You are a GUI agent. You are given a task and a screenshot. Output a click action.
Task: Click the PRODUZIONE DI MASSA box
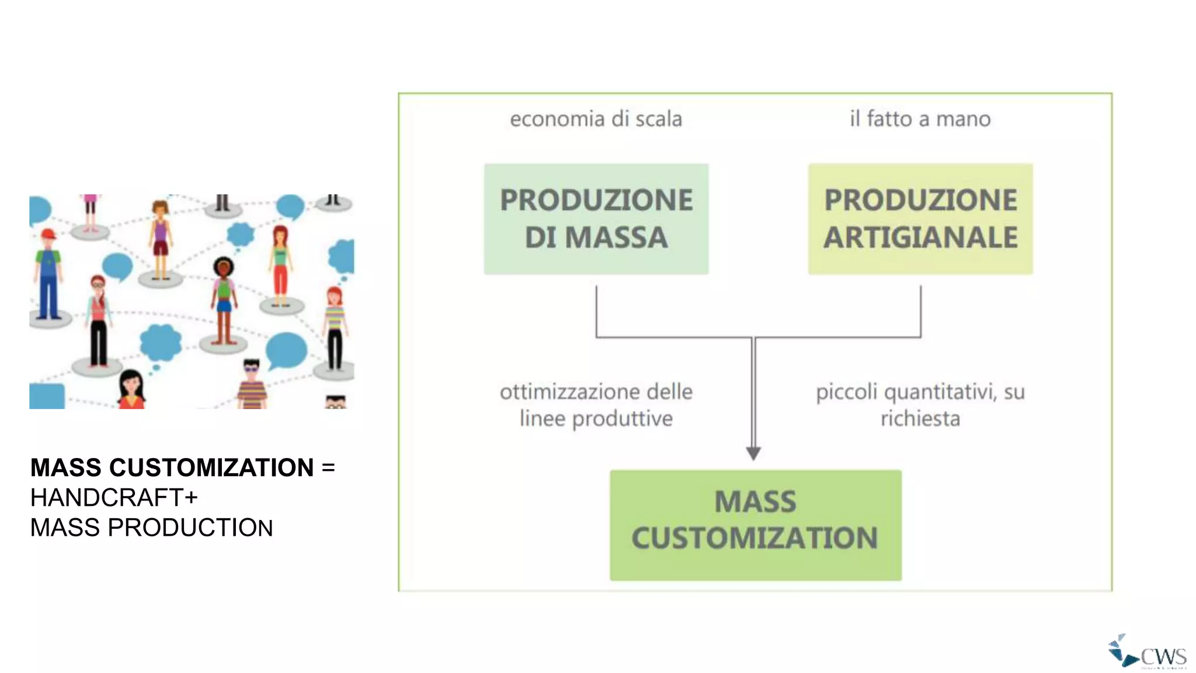pos(596,219)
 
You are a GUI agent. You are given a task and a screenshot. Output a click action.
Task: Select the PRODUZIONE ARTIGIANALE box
pos(920,219)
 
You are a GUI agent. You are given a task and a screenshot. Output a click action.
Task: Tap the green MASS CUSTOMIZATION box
pos(755,525)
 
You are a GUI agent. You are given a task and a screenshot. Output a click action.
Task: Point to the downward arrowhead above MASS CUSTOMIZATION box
pos(753,453)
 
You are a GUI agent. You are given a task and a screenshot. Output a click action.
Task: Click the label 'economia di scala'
pos(596,119)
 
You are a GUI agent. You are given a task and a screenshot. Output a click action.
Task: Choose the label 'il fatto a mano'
pos(920,119)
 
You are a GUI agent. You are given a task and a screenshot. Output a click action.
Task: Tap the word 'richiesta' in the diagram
pos(920,419)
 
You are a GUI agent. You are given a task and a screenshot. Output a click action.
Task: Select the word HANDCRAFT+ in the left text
pos(114,498)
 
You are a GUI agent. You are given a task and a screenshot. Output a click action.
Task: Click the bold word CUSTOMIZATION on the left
pos(211,468)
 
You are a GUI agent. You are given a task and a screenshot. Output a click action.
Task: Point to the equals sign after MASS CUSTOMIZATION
pos(328,468)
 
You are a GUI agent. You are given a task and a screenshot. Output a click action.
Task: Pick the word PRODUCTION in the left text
pos(190,528)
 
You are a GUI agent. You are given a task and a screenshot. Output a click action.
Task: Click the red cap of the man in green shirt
pos(48,234)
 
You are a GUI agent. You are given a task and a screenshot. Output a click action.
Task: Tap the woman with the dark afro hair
pos(223,298)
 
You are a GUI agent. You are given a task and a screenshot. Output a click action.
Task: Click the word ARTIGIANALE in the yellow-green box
pos(920,238)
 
